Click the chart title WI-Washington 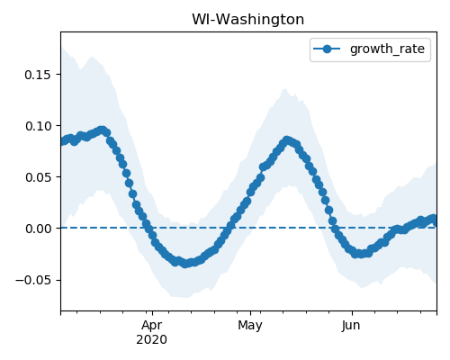[x=247, y=20]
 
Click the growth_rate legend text [x=387, y=49]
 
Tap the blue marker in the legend [x=327, y=49]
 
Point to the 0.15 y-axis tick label [x=38, y=75]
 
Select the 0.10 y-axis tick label [x=38, y=126]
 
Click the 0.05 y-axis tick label [x=38, y=177]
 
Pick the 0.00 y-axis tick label [x=38, y=229]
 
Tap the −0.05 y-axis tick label [x=33, y=280]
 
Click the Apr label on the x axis [x=152, y=325]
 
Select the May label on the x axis [x=250, y=325]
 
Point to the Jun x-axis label [x=351, y=325]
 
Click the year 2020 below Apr [x=152, y=339]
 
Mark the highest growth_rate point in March [x=102, y=130]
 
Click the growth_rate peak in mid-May [x=287, y=140]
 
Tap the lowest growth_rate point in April [x=185, y=264]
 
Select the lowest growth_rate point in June [x=359, y=254]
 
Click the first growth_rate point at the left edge [x=62, y=141]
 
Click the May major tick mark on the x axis [x=250, y=313]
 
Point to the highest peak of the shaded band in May [x=284, y=89]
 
